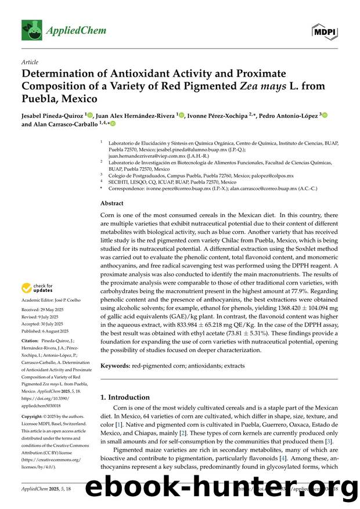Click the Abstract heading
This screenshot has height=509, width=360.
coord(112,204)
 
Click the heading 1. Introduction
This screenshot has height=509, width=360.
coord(125,398)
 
